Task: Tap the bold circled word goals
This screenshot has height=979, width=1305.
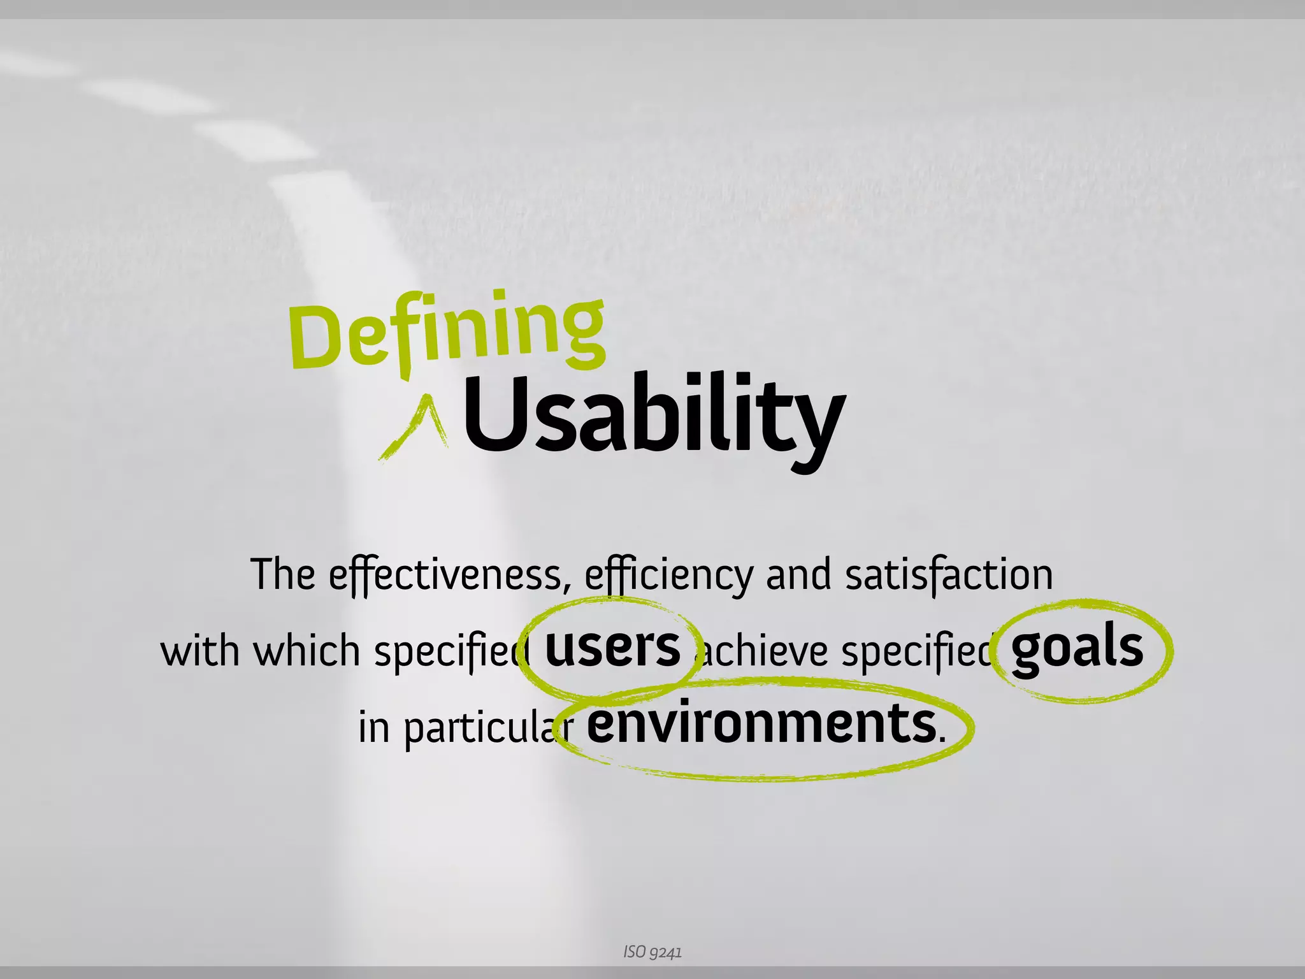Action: point(1077,649)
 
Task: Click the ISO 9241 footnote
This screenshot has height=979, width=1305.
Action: point(652,952)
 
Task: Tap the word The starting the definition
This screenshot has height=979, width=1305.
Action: point(282,575)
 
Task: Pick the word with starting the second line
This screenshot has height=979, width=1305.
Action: point(199,651)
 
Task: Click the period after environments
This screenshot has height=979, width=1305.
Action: point(942,739)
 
